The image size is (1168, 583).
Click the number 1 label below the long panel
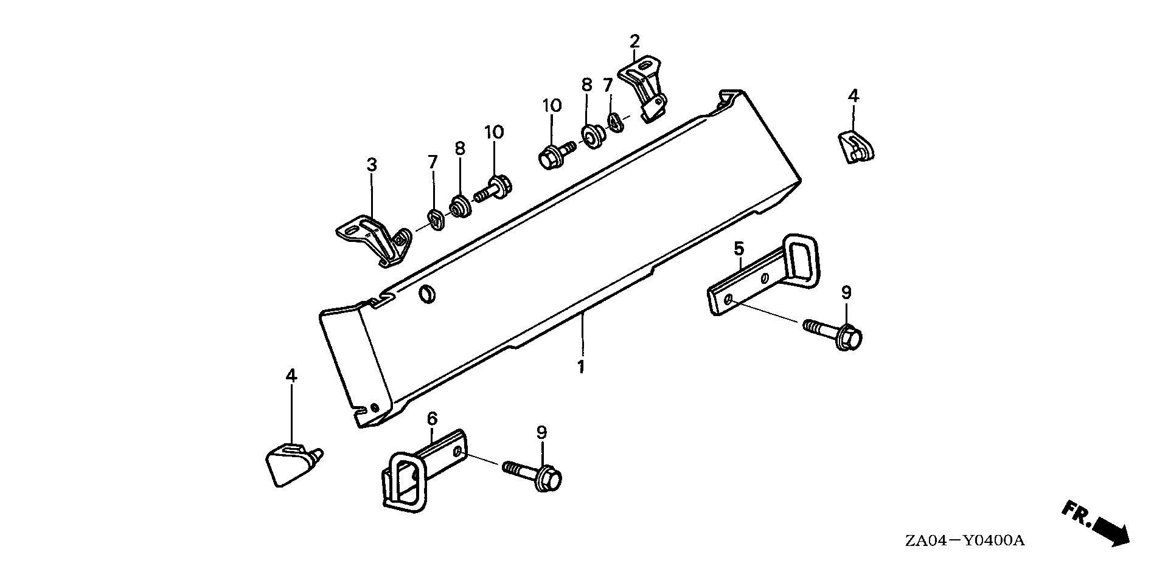581,367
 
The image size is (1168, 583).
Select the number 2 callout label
634,42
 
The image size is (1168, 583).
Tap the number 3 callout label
371,165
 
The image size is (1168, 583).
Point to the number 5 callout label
739,248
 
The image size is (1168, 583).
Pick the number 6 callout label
432,418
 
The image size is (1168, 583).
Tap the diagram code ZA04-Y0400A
964,540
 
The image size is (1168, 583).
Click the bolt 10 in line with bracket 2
557,154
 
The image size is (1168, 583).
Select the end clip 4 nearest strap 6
294,465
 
